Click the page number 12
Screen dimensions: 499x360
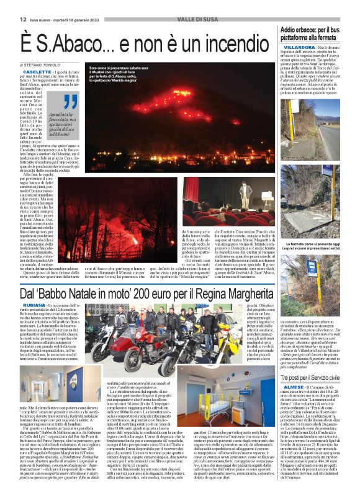point(7,4)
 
